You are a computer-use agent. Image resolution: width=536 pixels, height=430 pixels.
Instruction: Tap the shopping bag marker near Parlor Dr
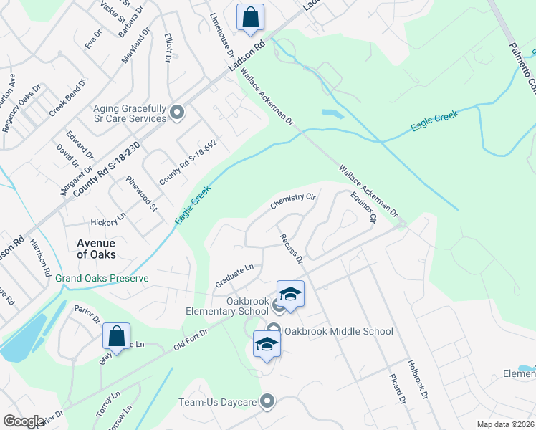(116, 338)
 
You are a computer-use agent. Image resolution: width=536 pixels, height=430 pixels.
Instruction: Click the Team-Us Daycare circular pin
(269, 401)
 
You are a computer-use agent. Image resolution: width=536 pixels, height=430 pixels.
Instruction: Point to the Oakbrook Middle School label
(338, 331)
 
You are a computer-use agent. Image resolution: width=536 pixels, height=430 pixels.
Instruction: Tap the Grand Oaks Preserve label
(102, 278)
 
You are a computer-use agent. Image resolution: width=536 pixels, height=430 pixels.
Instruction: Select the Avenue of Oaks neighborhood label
(96, 248)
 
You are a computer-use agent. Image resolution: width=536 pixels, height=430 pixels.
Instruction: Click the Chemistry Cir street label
(293, 201)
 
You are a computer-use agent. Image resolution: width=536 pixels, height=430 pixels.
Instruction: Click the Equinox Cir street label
(363, 208)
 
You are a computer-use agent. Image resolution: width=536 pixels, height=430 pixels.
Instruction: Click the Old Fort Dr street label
(190, 341)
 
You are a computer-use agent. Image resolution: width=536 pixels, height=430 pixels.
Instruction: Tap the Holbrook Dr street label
(418, 379)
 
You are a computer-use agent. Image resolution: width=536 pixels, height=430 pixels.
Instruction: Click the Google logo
(24, 421)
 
